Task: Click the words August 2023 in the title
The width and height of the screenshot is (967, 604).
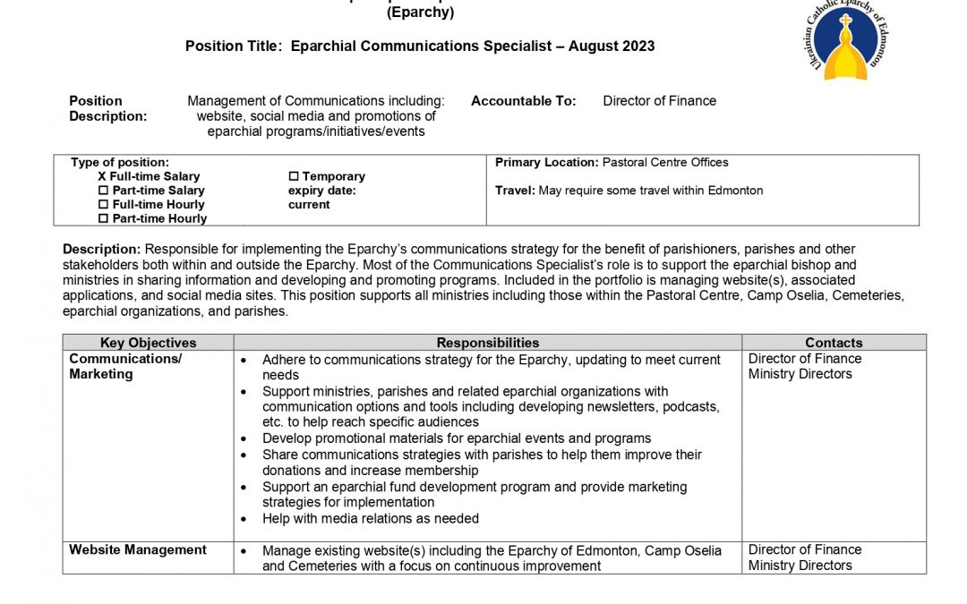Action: click(612, 46)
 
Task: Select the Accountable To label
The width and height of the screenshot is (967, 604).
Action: click(524, 101)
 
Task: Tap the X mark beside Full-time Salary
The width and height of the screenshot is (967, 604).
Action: click(102, 177)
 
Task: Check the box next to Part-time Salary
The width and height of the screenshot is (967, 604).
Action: click(103, 191)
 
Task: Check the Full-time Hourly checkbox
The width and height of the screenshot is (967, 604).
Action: click(103, 205)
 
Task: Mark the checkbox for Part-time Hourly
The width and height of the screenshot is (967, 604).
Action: click(103, 218)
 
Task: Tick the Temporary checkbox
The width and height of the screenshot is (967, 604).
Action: click(293, 177)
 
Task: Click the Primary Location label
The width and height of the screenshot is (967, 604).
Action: click(546, 163)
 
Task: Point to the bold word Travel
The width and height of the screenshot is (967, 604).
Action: click(515, 191)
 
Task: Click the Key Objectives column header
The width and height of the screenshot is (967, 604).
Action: click(148, 343)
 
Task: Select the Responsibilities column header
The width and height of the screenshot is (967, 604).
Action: click(488, 343)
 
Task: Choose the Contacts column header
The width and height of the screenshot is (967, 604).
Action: click(834, 343)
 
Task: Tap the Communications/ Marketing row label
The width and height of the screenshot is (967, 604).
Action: click(125, 367)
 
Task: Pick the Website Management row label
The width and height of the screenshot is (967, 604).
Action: click(138, 550)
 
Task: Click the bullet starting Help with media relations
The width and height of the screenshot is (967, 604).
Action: click(370, 519)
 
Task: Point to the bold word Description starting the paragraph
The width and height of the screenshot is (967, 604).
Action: click(102, 249)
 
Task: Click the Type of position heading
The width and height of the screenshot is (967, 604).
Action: click(120, 163)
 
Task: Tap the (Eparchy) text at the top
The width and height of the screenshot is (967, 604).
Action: click(420, 13)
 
